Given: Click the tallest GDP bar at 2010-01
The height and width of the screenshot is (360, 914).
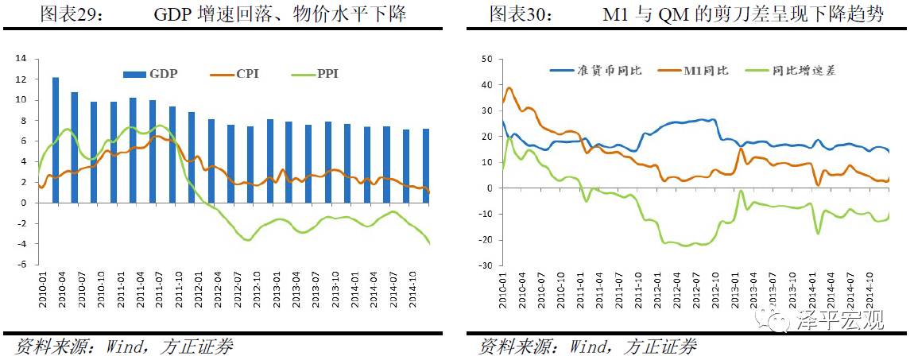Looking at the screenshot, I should tap(56, 140).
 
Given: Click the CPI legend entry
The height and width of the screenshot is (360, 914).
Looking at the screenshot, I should tap(236, 74).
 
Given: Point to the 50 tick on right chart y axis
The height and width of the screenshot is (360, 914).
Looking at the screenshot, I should tap(488, 59).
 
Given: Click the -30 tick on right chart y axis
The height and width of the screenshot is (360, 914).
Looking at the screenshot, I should tap(486, 265).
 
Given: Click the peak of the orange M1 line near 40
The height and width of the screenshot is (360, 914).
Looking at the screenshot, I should tap(509, 87).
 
